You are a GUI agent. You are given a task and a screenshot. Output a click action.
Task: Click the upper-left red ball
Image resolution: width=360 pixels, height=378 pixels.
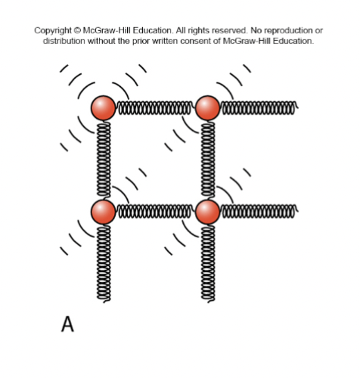(x=104, y=108)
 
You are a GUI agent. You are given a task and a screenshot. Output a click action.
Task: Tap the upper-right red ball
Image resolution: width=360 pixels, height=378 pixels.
(x=207, y=108)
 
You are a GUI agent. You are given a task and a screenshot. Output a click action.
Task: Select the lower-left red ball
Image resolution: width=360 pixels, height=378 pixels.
(x=104, y=212)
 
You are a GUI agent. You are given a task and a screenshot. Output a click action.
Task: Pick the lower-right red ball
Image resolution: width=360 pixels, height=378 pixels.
(x=207, y=212)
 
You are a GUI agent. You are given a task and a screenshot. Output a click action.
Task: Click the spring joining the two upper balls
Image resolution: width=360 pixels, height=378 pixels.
(x=155, y=108)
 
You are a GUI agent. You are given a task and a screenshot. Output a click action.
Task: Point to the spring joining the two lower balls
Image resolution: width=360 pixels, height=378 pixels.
(x=155, y=212)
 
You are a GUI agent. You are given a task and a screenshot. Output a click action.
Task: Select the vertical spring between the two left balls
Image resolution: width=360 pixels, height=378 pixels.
(x=104, y=160)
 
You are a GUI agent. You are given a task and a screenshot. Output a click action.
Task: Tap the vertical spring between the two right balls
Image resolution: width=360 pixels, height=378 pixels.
(x=207, y=160)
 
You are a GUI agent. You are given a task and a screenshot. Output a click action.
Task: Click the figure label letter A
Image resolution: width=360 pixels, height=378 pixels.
(x=67, y=324)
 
